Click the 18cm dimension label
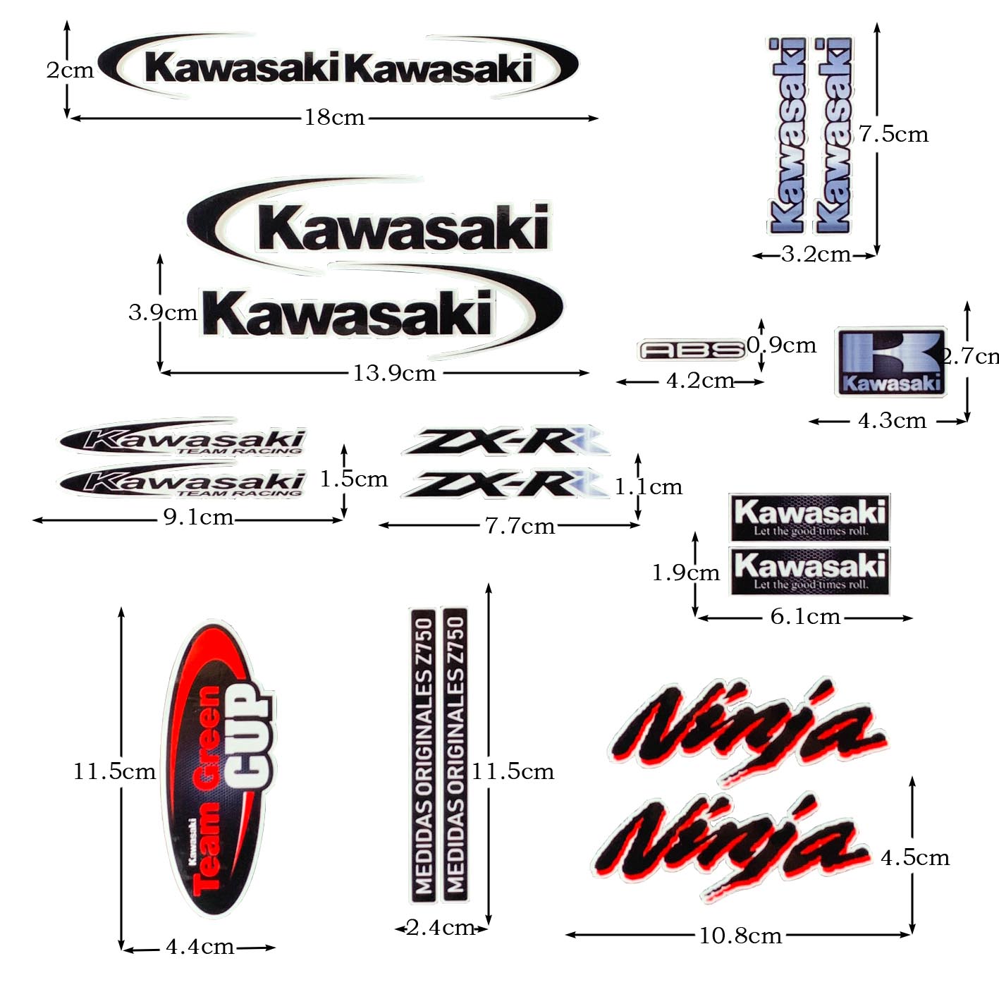coord(334,117)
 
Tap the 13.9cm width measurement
coord(394,372)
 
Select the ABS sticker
coord(691,350)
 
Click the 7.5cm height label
coord(893,134)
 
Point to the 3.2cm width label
coord(816,254)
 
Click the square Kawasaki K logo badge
coord(890,361)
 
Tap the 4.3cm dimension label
coord(892,421)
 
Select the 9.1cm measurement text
coord(198,517)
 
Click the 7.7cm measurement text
coord(520,526)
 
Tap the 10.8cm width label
coord(740,936)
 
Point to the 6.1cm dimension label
coord(805,617)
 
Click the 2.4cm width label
coord(440,928)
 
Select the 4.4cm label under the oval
coord(200,947)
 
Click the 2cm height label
coord(70,71)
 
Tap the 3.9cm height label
coord(163,312)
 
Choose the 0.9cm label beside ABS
coord(781,345)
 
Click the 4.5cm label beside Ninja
coord(915,857)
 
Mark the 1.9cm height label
coord(685,572)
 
